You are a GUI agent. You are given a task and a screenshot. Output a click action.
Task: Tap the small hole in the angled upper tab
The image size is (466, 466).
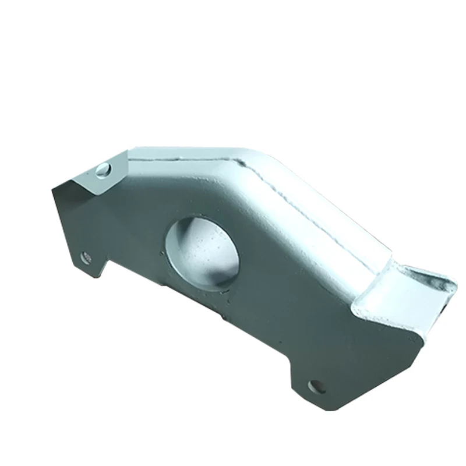click(x=103, y=170)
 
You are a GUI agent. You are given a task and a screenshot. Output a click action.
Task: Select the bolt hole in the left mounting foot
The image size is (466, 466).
click(x=86, y=256)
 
